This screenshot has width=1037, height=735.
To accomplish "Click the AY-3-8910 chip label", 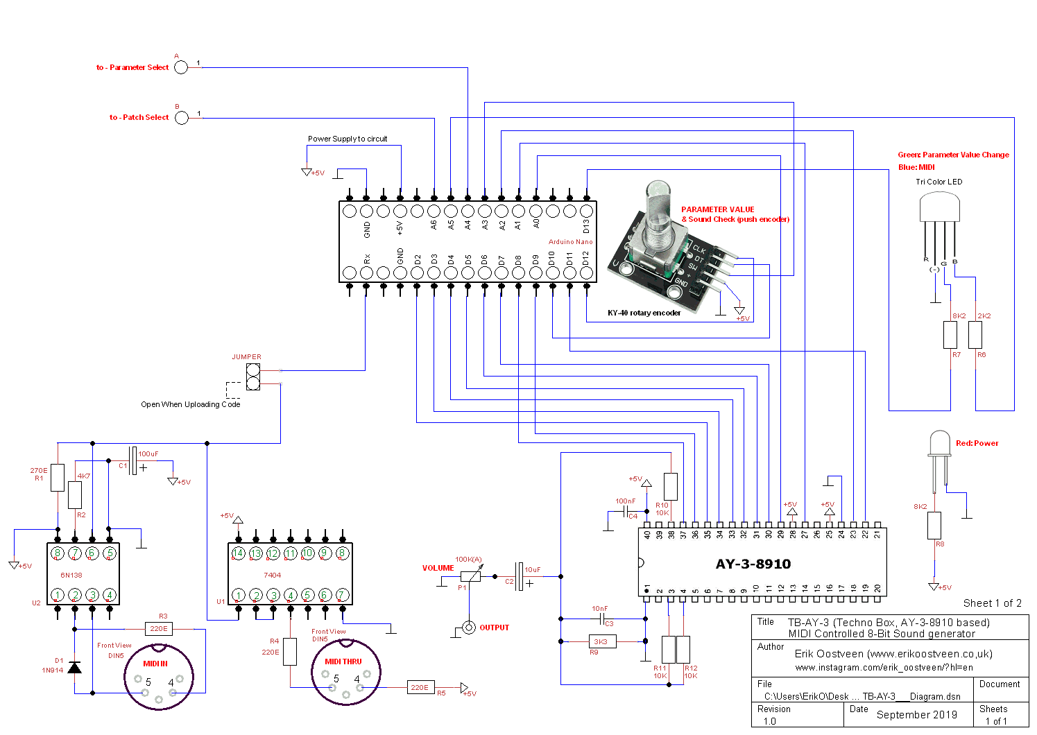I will pos(753,564).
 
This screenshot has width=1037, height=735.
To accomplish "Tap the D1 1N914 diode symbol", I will pos(75,667).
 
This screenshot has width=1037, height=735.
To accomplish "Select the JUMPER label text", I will pos(246,357).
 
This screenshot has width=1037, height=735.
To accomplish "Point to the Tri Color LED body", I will pos(939,207).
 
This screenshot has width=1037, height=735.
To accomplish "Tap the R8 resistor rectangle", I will pos(934,525).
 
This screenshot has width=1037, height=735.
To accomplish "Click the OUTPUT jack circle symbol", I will pos(469,628).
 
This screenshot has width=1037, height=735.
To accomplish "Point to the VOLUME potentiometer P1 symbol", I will pos(470,576).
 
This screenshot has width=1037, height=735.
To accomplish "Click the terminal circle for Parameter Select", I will pos(181,67).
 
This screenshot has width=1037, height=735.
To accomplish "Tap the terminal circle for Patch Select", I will pos(181,117).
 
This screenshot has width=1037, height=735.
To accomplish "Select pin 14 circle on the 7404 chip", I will pos(239,553).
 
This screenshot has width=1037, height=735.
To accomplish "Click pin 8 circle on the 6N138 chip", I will pos(58,553).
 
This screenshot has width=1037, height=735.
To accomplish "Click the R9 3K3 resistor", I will pos(601,642).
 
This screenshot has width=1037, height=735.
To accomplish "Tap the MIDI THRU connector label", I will pos(343,661).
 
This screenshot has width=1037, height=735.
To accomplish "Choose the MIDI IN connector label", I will pos(155,664).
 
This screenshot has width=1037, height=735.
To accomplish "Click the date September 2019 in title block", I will pos(916,714).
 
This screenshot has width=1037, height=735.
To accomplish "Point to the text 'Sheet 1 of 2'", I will pos(992,603).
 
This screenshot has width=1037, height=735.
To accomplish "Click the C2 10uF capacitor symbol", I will pos(520,576).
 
